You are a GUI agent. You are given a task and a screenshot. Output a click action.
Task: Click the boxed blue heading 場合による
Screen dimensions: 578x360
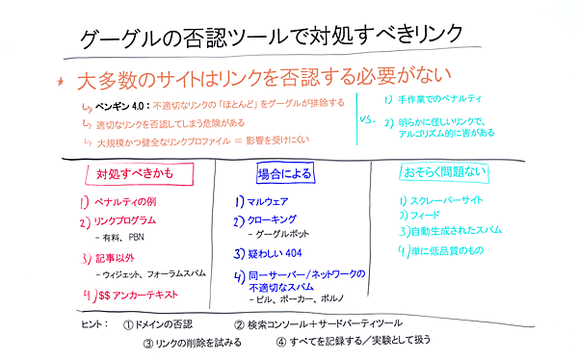pos(282,174)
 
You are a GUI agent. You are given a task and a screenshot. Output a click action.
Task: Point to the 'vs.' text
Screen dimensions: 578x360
pos(365,121)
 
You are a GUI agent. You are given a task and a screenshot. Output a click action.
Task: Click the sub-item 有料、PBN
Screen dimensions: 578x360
pos(125,237)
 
